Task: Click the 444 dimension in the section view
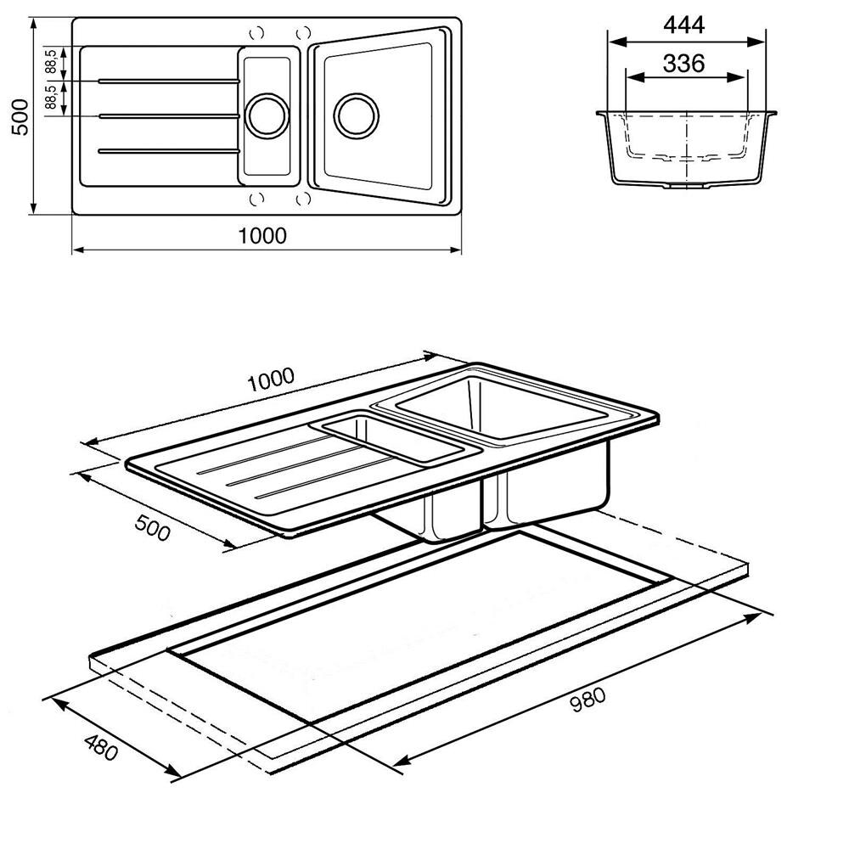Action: click(683, 25)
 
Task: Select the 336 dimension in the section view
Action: click(683, 64)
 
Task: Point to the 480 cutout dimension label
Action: click(101, 747)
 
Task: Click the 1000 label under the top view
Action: click(262, 235)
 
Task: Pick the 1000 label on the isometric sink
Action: click(271, 379)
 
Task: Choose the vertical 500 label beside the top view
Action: click(20, 117)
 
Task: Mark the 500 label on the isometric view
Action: click(152, 527)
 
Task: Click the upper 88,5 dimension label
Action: click(50, 61)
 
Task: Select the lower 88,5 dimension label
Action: click(50, 98)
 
